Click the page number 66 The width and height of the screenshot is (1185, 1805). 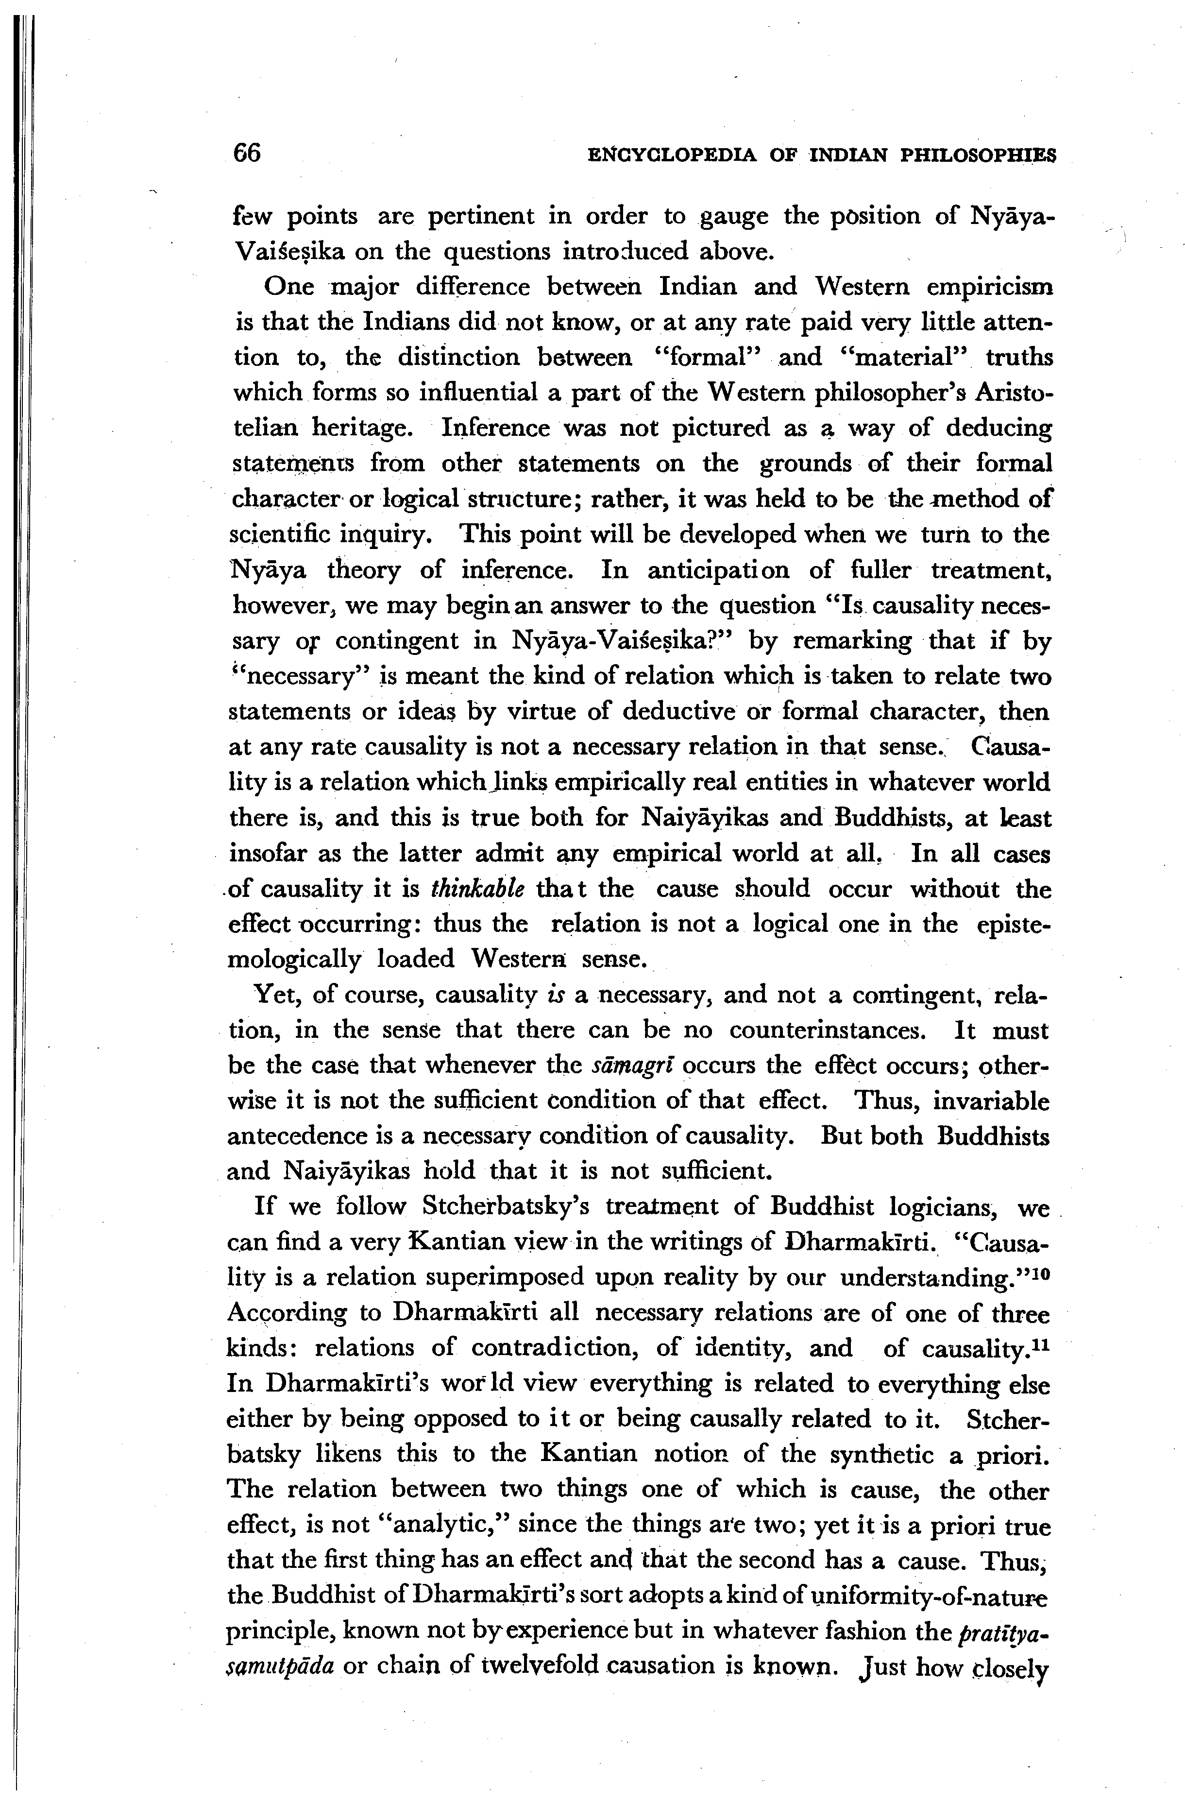point(247,153)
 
